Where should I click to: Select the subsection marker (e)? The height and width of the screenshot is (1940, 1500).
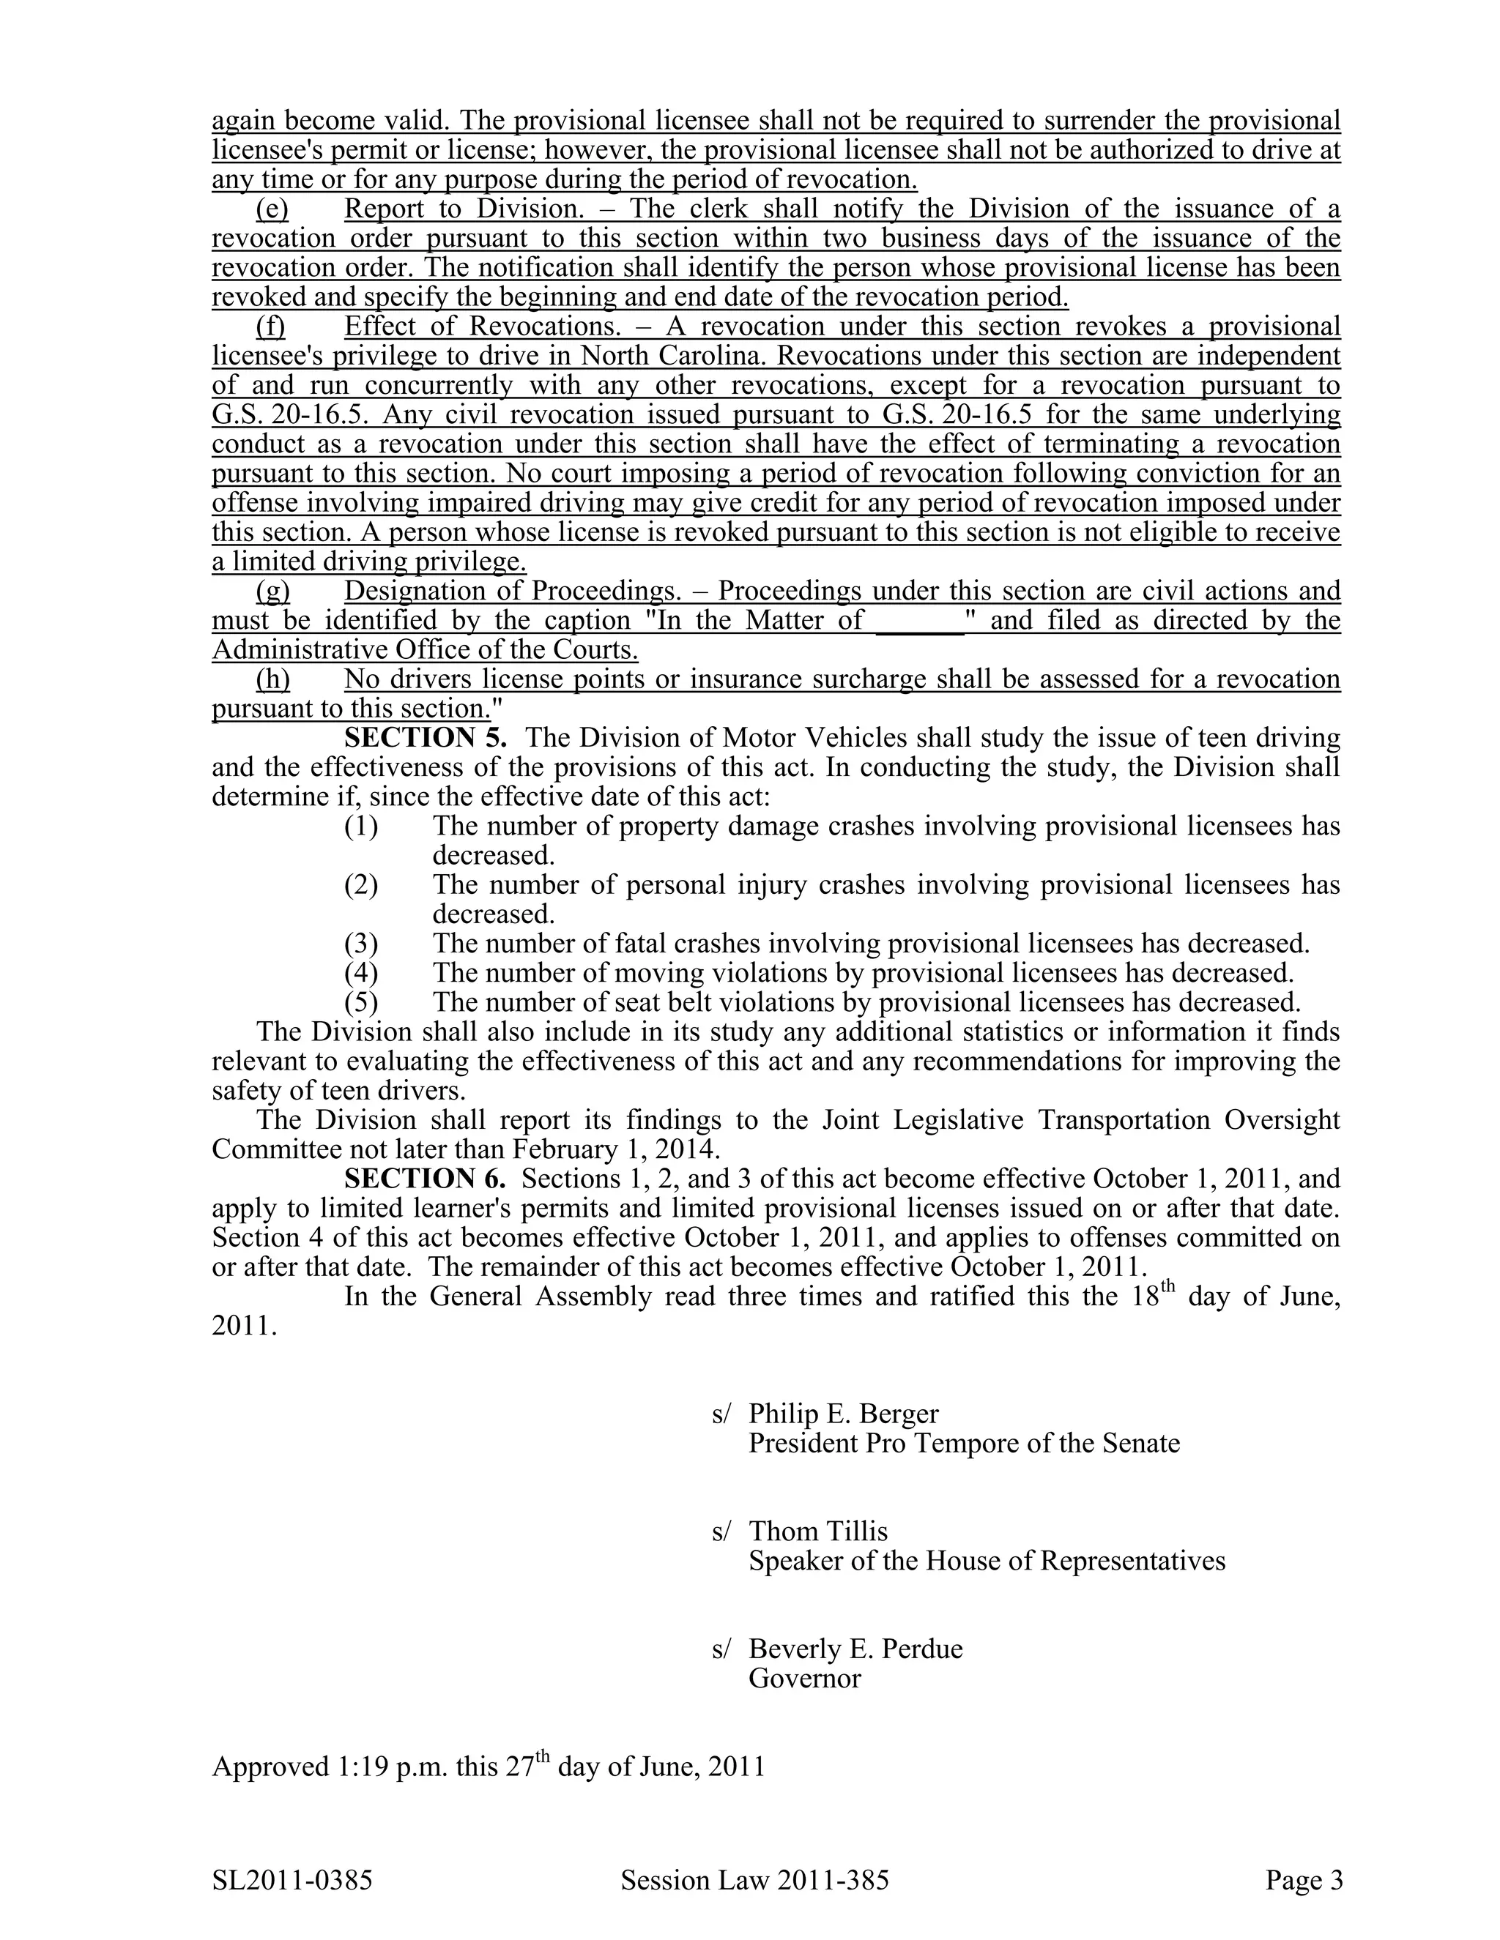(272, 209)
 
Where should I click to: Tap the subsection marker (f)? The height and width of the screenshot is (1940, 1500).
(271, 327)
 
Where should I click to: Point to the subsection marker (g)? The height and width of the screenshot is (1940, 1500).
(272, 592)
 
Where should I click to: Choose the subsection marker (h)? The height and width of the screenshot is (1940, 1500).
(272, 679)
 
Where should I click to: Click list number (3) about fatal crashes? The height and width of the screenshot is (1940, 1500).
(361, 944)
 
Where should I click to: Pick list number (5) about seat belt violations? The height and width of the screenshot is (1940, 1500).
(361, 1002)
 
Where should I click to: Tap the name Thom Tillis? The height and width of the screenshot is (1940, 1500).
(817, 1531)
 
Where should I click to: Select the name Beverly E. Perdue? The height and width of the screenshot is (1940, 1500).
(855, 1649)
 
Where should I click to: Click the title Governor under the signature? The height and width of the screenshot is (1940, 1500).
(804, 1678)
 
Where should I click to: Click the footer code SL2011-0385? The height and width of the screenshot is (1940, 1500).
(292, 1881)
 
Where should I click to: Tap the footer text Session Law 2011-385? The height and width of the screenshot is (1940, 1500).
(754, 1881)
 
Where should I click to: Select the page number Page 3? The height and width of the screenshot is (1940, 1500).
(1304, 1881)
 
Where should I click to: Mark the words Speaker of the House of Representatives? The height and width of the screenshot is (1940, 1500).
(987, 1561)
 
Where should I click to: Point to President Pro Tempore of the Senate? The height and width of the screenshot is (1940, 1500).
(963, 1444)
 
